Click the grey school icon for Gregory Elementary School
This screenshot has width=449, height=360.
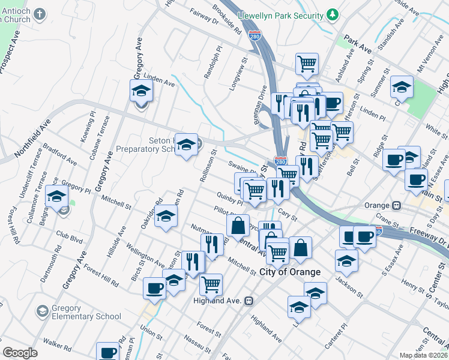click(42, 311)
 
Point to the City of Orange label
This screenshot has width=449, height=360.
click(290, 272)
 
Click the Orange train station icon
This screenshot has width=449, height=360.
click(396, 205)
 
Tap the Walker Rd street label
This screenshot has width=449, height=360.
click(58, 346)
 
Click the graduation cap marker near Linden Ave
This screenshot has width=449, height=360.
click(141, 91)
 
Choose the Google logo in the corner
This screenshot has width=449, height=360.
click(20, 353)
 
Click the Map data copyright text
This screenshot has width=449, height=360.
click(424, 355)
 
